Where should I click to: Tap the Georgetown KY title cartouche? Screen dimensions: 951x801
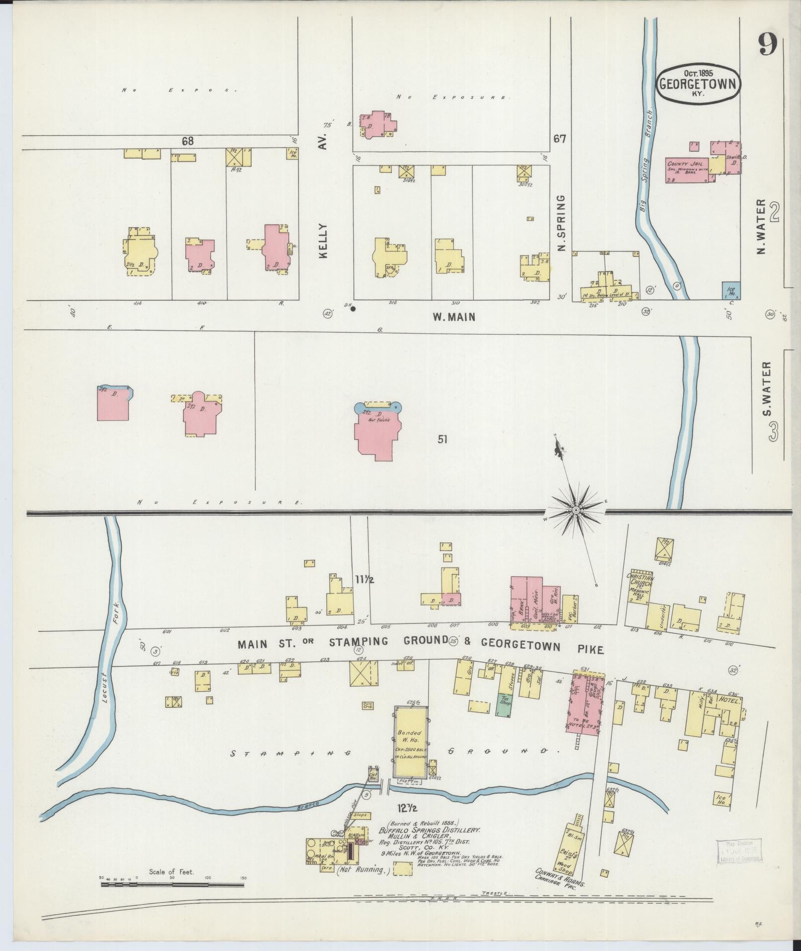tap(699, 84)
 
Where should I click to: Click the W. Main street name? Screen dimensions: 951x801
tap(453, 316)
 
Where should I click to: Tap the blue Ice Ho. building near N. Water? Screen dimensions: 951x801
tap(731, 290)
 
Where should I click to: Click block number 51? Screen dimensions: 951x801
tap(442, 439)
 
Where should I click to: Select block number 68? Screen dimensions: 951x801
tap(187, 141)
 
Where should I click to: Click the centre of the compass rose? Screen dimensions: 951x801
tap(576, 511)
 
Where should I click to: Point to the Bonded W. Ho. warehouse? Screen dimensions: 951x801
tap(410, 741)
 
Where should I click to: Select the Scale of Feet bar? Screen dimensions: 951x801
tap(171, 885)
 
